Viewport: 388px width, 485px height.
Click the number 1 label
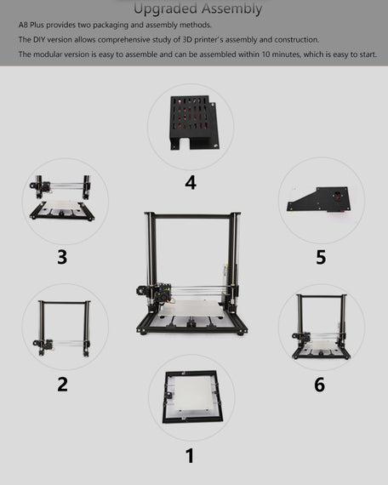pyautogui.click(x=190, y=456)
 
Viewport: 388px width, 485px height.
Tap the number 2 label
pyautogui.click(x=62, y=384)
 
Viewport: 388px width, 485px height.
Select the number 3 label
pyautogui.click(x=62, y=256)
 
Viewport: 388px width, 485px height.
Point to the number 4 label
pyautogui.click(x=191, y=182)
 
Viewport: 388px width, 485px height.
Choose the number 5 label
pyautogui.click(x=321, y=256)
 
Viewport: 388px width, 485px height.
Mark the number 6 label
pyautogui.click(x=319, y=385)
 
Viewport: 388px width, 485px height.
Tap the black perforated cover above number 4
pyautogui.click(x=191, y=123)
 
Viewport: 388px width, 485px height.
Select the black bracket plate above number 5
pyautogui.click(x=319, y=198)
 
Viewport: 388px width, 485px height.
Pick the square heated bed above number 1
pyautogui.click(x=191, y=397)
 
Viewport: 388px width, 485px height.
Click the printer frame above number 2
pyautogui.click(x=63, y=328)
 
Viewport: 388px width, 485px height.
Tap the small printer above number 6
pyautogui.click(x=321, y=327)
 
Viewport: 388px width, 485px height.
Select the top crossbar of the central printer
pyautogui.click(x=191, y=216)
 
